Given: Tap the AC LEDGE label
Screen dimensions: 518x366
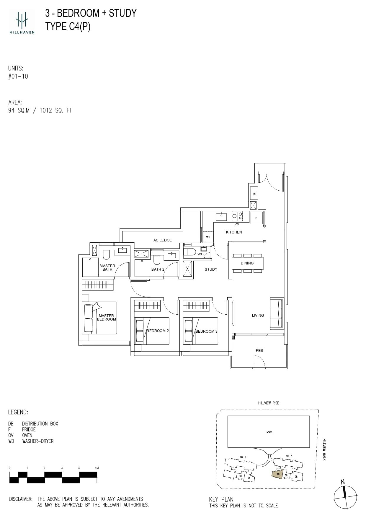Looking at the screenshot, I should [162, 240].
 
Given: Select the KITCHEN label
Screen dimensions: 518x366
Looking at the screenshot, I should [234, 232].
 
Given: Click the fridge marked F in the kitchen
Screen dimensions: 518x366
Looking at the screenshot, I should [256, 218].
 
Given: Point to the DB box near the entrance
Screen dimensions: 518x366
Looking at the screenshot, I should [254, 194].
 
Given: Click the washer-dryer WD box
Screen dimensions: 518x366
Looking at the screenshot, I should [208, 237].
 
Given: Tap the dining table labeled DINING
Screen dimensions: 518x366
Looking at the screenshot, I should [247, 263].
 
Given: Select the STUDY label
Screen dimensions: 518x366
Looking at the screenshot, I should [211, 269].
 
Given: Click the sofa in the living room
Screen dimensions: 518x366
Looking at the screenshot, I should [276, 313].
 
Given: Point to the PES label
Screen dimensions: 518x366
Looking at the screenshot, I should [259, 351].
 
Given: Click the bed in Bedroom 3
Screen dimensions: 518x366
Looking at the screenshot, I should [201, 331].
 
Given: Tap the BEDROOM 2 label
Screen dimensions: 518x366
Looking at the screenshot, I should [158, 331].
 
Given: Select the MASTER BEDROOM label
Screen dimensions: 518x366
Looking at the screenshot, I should [106, 318].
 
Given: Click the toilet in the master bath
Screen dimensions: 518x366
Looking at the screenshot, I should [106, 254].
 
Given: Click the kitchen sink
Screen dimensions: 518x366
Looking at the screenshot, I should [221, 217].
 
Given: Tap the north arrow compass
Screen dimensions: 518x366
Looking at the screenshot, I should [345, 496].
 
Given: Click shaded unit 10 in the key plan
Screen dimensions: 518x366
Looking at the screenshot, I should [277, 474].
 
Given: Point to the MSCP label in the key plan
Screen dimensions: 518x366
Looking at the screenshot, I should [269, 432].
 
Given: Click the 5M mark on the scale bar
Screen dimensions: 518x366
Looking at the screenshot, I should [97, 468].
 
